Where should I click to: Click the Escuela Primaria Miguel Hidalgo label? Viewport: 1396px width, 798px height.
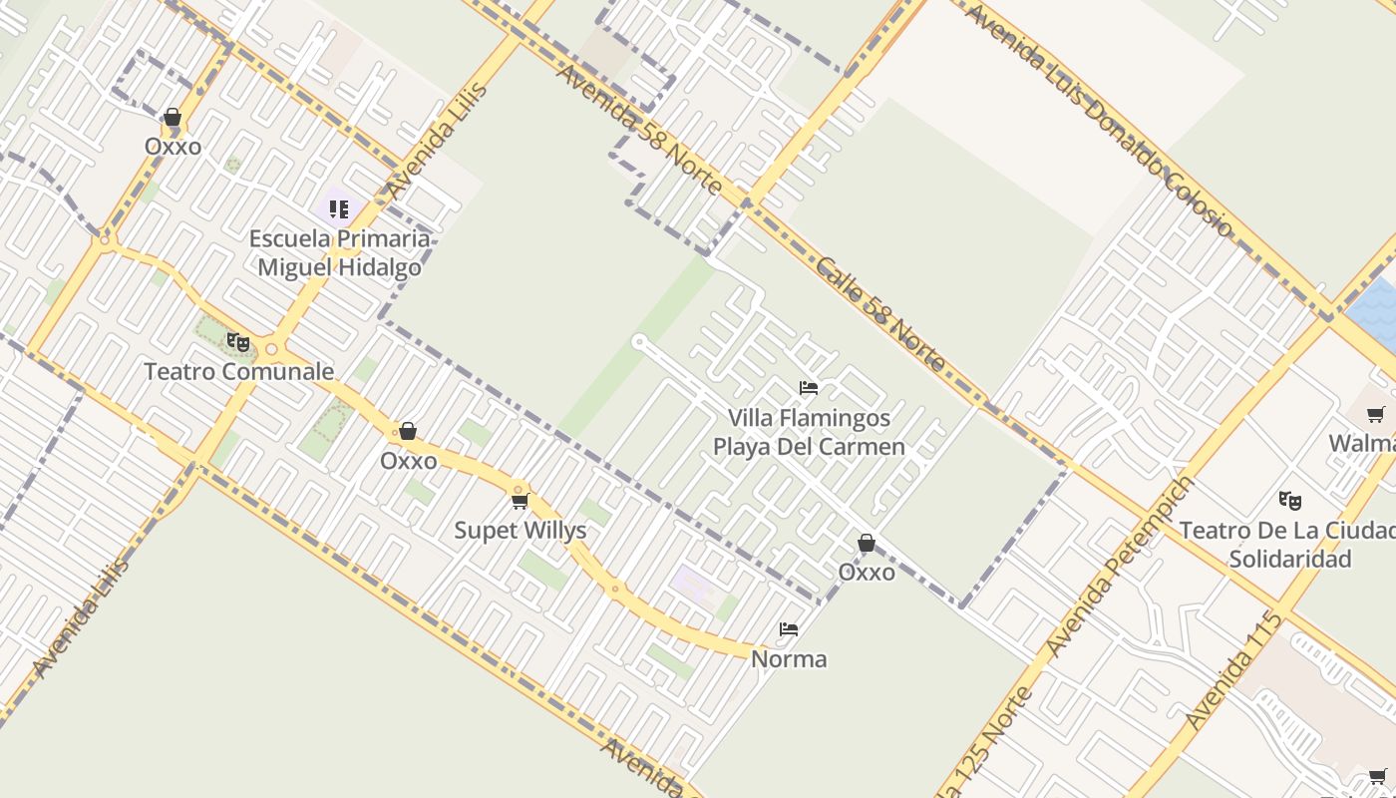pyautogui.click(x=339, y=253)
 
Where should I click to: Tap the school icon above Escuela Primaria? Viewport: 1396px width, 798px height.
pyautogui.click(x=339, y=209)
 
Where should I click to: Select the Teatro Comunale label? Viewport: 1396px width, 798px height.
pyautogui.click(x=238, y=372)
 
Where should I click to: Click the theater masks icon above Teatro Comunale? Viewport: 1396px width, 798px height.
pyautogui.click(x=237, y=343)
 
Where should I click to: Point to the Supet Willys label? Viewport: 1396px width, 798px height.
pyautogui.click(x=520, y=531)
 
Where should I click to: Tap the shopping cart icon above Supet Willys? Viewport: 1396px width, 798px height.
pyautogui.click(x=520, y=501)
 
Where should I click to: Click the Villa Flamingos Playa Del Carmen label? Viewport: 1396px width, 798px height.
pyautogui.click(x=809, y=432)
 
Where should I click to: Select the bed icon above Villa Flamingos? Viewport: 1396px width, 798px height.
pyautogui.click(x=809, y=387)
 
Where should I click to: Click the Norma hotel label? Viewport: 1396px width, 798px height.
pyautogui.click(x=788, y=659)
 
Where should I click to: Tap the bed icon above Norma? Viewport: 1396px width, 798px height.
pyautogui.click(x=789, y=629)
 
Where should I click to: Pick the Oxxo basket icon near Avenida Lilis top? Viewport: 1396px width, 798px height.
pyautogui.click(x=173, y=118)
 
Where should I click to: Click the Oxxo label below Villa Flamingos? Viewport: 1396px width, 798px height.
pyautogui.click(x=866, y=573)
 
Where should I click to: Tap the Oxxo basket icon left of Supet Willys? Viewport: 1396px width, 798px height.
pyautogui.click(x=407, y=431)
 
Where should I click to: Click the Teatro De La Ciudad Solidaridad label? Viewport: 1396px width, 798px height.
pyautogui.click(x=1288, y=544)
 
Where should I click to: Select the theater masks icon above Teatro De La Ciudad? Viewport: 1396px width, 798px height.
pyautogui.click(x=1289, y=500)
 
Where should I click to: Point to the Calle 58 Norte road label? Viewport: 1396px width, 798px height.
pyautogui.click(x=878, y=313)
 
